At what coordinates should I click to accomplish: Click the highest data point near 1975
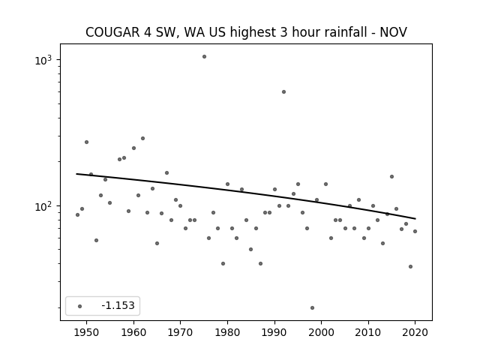pos(204,57)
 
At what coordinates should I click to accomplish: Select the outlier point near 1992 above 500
pos(283,91)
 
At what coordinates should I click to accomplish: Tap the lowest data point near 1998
pos(312,308)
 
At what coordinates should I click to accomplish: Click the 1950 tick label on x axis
pos(87,332)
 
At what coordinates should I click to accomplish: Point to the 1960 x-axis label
pos(133,332)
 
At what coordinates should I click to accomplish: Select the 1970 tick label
pos(181,332)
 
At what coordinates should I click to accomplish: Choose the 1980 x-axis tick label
pos(227,332)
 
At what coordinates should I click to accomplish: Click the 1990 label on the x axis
pos(274,332)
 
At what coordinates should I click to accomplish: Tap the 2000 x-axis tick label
pos(322,332)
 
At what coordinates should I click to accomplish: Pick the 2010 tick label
pos(368,332)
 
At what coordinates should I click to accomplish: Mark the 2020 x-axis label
pos(415,332)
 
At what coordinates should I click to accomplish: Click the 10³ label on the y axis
pos(43,60)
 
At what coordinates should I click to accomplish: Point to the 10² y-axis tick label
pos(43,206)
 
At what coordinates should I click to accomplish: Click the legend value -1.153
pos(118,305)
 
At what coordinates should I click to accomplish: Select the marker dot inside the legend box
pos(80,306)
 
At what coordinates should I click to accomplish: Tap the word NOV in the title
pos(393,32)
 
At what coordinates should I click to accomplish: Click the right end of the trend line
pos(415,218)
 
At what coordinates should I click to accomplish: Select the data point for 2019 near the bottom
pos(410,267)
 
